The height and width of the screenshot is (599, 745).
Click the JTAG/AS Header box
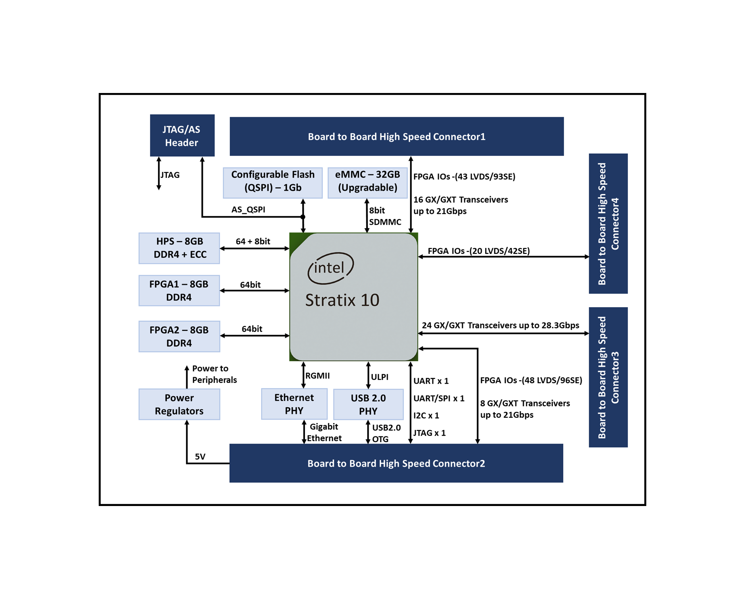click(x=182, y=136)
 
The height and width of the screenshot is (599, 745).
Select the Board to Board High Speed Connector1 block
click(x=396, y=136)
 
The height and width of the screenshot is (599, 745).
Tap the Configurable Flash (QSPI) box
click(x=273, y=182)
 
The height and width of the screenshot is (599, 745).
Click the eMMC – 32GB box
click(x=367, y=182)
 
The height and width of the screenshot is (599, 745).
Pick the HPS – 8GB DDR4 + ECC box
click(x=179, y=248)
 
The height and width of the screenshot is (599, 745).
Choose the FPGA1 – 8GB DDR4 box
click(x=179, y=291)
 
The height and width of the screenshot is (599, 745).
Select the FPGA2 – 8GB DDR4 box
click(x=179, y=337)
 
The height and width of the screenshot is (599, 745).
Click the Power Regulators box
click(x=179, y=404)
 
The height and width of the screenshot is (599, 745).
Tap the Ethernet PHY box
click(x=294, y=404)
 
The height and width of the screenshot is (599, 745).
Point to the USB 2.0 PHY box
click(x=368, y=405)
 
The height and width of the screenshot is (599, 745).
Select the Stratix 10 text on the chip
click(x=342, y=300)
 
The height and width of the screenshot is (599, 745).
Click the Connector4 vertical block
click(x=608, y=224)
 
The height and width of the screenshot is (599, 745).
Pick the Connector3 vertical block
click(x=608, y=377)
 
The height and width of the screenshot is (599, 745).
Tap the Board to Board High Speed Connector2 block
click(x=396, y=463)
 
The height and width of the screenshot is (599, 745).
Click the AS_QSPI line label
click(x=248, y=210)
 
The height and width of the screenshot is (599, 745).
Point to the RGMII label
click(x=318, y=376)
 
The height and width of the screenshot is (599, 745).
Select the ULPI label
click(x=380, y=377)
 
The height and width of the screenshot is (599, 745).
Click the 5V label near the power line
click(x=200, y=457)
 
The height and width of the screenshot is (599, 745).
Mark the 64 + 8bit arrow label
click(x=253, y=242)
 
